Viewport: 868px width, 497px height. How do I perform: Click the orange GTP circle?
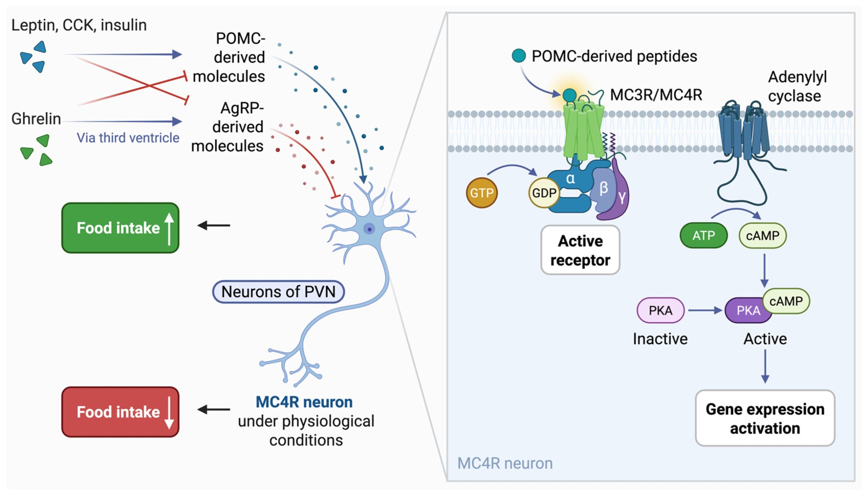click(x=481, y=193)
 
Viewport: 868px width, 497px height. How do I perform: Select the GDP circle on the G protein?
click(x=544, y=193)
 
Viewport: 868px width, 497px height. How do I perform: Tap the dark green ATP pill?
click(x=703, y=235)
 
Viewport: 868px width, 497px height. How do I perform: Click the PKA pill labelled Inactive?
click(x=660, y=310)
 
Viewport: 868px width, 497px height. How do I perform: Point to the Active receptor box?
click(x=580, y=250)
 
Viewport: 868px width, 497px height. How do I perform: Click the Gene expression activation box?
click(x=765, y=418)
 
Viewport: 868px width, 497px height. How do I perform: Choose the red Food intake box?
click(x=120, y=412)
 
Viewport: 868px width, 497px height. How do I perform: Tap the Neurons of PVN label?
click(x=278, y=291)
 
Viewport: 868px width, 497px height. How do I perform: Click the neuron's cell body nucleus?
click(x=369, y=229)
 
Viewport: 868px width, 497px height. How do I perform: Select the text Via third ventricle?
click(x=128, y=137)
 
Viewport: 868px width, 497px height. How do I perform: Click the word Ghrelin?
click(x=36, y=119)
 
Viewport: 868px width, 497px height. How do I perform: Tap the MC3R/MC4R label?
click(x=656, y=94)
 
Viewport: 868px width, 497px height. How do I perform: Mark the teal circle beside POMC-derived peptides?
click(x=519, y=56)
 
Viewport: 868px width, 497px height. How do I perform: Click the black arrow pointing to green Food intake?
click(x=214, y=225)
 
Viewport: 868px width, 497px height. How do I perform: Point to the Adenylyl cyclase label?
click(x=797, y=86)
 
